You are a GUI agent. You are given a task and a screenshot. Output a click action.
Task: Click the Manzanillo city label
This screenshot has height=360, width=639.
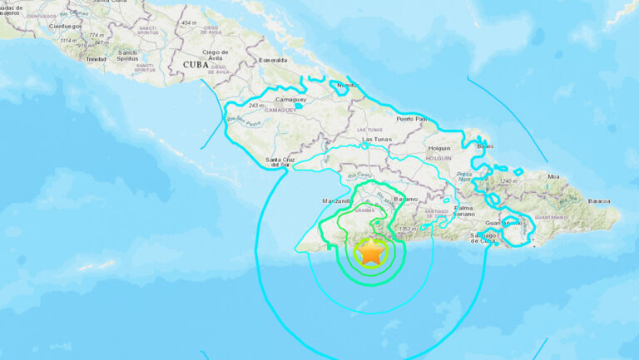338,201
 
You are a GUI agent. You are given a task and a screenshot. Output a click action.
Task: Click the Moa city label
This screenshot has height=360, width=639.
553,176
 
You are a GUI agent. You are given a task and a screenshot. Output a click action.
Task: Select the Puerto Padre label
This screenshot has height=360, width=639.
414,119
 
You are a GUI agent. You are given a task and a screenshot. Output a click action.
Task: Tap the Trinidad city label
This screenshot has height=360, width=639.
97,59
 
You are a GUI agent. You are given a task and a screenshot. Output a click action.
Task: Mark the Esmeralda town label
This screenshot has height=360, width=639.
273,60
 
